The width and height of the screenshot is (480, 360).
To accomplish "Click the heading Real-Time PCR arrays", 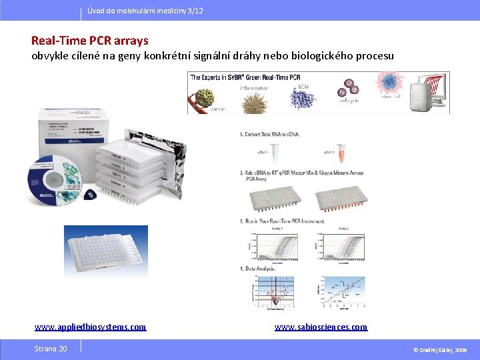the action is (x=90, y=41).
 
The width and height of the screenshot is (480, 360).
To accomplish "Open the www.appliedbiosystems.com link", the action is (x=90, y=327).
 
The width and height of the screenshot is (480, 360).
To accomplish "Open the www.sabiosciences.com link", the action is (x=321, y=327).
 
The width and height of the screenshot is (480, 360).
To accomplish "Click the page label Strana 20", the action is (x=51, y=349).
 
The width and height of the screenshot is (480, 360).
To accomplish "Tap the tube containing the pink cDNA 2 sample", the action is (x=341, y=153).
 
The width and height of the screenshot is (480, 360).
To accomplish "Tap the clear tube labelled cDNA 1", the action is (x=279, y=153).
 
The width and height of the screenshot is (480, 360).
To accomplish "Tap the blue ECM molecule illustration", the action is (x=303, y=97).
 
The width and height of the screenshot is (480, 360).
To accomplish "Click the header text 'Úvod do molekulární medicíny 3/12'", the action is (x=145, y=11).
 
